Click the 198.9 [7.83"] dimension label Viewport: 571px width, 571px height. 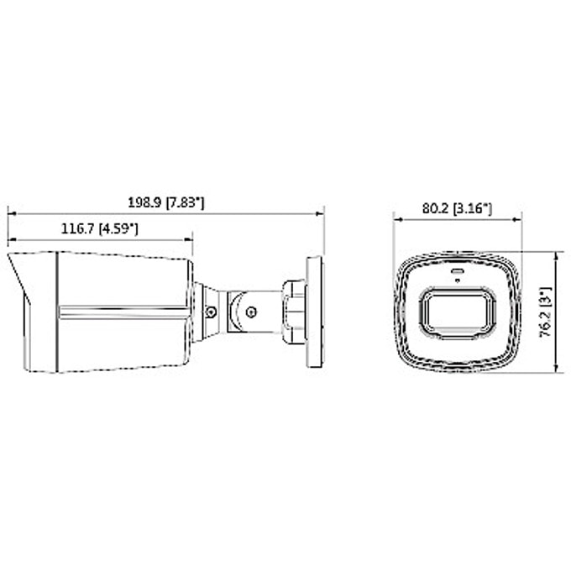pyautogui.click(x=166, y=202)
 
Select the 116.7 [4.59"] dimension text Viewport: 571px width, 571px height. pyautogui.click(x=99, y=228)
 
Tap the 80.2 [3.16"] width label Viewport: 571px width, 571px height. pyautogui.click(x=457, y=208)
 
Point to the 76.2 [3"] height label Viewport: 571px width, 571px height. pyautogui.click(x=545, y=312)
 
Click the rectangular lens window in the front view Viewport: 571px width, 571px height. pyautogui.click(x=458, y=313)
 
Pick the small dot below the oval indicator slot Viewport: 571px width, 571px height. pyautogui.click(x=458, y=280)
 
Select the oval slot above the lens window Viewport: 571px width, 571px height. pyautogui.click(x=458, y=271)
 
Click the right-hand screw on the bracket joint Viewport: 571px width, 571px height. pyautogui.click(x=251, y=312)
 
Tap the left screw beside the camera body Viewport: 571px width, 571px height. pyautogui.click(x=210, y=312)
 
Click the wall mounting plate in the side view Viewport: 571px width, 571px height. pyautogui.click(x=314, y=312)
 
